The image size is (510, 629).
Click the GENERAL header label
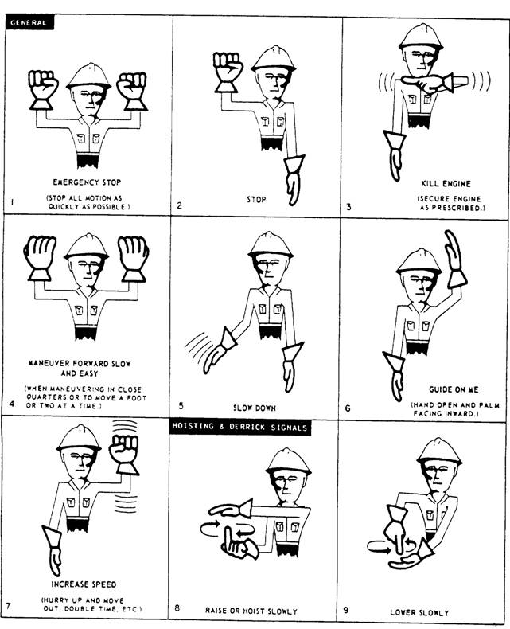(29, 21)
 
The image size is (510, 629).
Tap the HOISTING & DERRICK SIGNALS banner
(239, 426)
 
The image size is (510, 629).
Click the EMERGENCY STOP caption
(87, 182)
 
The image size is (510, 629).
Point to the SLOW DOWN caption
(255, 408)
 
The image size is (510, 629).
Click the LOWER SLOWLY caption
(419, 612)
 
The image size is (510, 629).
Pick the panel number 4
(12, 404)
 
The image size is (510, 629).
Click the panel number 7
(10, 607)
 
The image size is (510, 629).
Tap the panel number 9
(346, 610)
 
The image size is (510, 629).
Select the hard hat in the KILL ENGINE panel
(420, 37)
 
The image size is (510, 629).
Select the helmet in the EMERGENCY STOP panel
(88, 76)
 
